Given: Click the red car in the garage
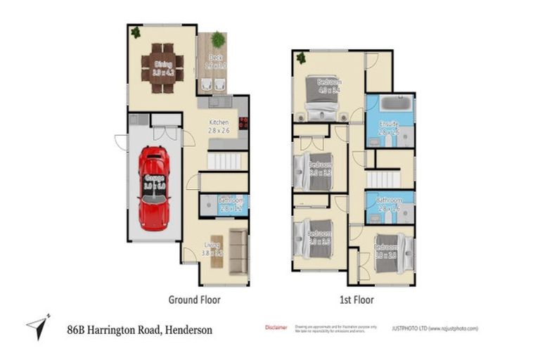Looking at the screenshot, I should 153,187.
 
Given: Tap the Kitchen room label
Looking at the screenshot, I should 219,122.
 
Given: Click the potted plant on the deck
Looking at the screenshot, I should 218,39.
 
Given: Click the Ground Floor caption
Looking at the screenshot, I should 194,300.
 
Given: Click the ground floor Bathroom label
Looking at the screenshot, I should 230,200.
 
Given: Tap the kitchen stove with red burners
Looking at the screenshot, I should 244,122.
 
